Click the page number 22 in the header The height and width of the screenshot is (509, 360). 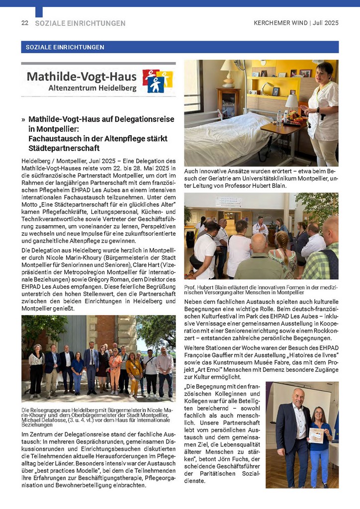pos(24,23)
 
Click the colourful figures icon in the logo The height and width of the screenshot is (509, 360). pos(158,81)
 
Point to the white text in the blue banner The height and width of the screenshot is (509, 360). pos(63,47)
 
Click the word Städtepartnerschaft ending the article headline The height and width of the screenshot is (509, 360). pos(64,148)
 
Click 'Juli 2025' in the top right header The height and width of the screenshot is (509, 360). pos(325,23)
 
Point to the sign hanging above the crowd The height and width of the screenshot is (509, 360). pos(228,202)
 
